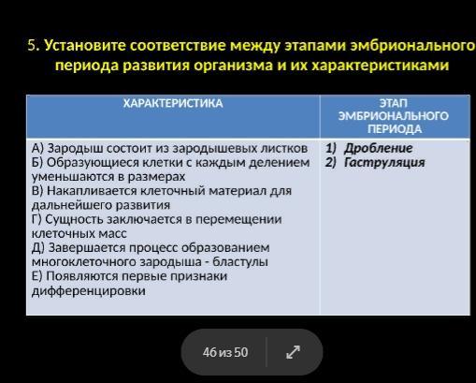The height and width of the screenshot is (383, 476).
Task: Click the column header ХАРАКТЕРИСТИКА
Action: click(x=173, y=103)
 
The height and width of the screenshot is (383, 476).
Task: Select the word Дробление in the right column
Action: click(x=378, y=148)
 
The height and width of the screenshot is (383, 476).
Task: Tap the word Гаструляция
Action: click(x=384, y=162)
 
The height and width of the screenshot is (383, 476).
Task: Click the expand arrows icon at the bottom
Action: click(x=293, y=352)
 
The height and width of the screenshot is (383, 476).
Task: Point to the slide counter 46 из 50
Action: click(x=225, y=352)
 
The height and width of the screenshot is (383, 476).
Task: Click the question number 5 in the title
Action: click(x=33, y=46)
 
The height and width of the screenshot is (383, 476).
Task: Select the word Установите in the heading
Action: click(x=85, y=46)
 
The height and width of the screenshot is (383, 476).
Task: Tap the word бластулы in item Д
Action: click(x=240, y=262)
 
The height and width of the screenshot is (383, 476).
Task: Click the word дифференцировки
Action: click(x=89, y=291)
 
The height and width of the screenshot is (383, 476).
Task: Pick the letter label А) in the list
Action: click(x=37, y=148)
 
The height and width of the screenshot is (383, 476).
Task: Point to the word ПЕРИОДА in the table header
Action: click(x=395, y=129)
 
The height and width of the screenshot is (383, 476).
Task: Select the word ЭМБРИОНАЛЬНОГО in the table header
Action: click(x=394, y=116)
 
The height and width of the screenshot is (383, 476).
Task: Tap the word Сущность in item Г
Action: click(x=74, y=219)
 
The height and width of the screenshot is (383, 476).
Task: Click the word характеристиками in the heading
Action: click(x=381, y=66)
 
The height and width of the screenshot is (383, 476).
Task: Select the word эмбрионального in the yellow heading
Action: click(x=412, y=46)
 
